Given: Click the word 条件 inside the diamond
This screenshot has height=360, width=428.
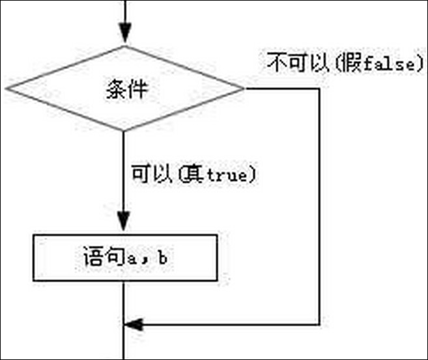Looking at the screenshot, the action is pyautogui.click(x=126, y=89).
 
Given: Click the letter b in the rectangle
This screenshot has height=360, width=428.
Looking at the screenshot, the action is pyautogui.click(x=163, y=258).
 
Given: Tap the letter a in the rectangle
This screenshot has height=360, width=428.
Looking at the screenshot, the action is pyautogui.click(x=132, y=259).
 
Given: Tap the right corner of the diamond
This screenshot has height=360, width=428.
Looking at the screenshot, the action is pyautogui.click(x=244, y=89).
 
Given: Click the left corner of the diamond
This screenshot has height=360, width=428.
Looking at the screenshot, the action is pyautogui.click(x=6, y=89).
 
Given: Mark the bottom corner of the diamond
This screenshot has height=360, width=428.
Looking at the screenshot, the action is pyautogui.click(x=124, y=131).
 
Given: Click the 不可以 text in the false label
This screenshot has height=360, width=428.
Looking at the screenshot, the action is pyautogui.click(x=298, y=62).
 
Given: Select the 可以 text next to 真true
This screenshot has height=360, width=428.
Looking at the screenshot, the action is pyautogui.click(x=152, y=173).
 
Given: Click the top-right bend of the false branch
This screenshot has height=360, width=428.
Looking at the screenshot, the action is pyautogui.click(x=319, y=89).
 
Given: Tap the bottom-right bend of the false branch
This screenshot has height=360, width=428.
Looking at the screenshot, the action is pyautogui.click(x=319, y=325).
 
